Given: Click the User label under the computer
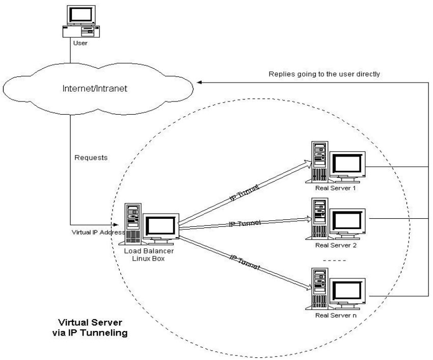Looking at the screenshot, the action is coord(80,43).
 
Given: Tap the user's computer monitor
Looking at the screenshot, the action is coord(81,15).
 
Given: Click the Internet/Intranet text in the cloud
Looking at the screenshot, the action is coord(95,89).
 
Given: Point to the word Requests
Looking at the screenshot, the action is coord(91,158).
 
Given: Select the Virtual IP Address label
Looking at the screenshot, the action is coord(98,232).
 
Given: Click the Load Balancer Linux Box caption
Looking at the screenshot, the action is coord(149,254).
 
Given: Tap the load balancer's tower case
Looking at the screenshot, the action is coord(133,224).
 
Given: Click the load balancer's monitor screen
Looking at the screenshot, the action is coord(160,226).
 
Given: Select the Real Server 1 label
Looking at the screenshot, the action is coord(336,188).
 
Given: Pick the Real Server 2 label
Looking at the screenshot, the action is coord(336,245).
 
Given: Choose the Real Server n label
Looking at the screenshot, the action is coord(336,315).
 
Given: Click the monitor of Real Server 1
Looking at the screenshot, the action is coord(347,164).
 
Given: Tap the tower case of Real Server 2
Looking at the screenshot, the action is coord(320,218).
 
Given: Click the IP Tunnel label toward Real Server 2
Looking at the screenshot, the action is coord(245,223).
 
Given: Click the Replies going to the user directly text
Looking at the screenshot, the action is coord(324,74).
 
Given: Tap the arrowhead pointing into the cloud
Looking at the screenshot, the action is coord(199,83).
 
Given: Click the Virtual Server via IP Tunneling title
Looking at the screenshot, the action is coord(90,328).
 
